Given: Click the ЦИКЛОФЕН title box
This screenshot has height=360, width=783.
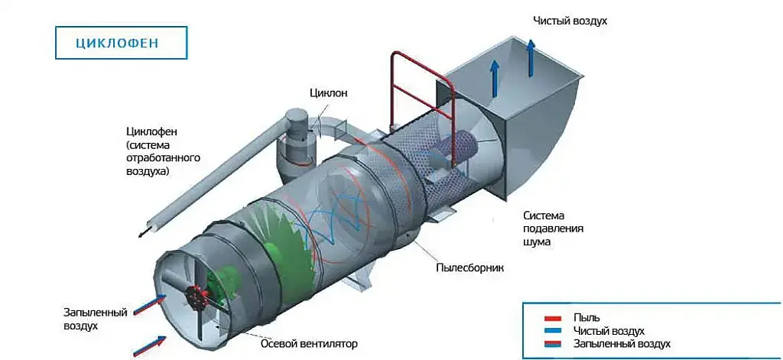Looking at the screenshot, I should click(121, 43).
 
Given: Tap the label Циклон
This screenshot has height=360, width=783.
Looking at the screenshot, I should click(329, 93).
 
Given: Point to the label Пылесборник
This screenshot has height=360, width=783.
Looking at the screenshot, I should click(470, 268).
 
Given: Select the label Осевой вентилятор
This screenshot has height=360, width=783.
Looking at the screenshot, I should click(309, 343).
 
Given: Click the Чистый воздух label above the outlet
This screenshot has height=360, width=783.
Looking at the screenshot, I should click(570, 21).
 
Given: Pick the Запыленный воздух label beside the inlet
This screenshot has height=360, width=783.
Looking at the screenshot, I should click(81, 319).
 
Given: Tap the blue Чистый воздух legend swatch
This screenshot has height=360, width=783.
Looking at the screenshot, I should click(554, 331).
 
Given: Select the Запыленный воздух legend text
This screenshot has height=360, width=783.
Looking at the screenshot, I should click(622, 344).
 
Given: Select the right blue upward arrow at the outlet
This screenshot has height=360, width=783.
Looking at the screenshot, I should click(531, 58).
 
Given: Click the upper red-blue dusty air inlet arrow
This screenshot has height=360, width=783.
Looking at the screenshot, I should click(151, 304).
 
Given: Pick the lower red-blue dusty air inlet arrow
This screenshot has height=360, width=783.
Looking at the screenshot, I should click(150, 345).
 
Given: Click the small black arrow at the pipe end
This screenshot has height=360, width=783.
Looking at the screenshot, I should click(141, 233).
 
